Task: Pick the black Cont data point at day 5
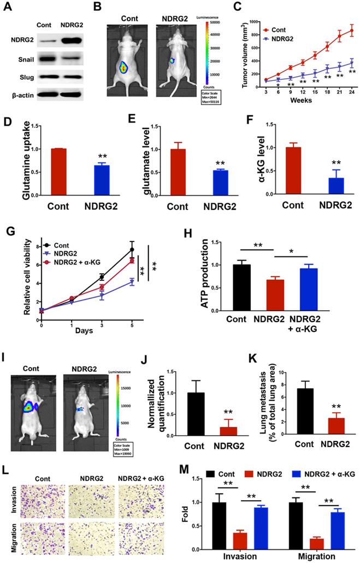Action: tap(132, 249)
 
